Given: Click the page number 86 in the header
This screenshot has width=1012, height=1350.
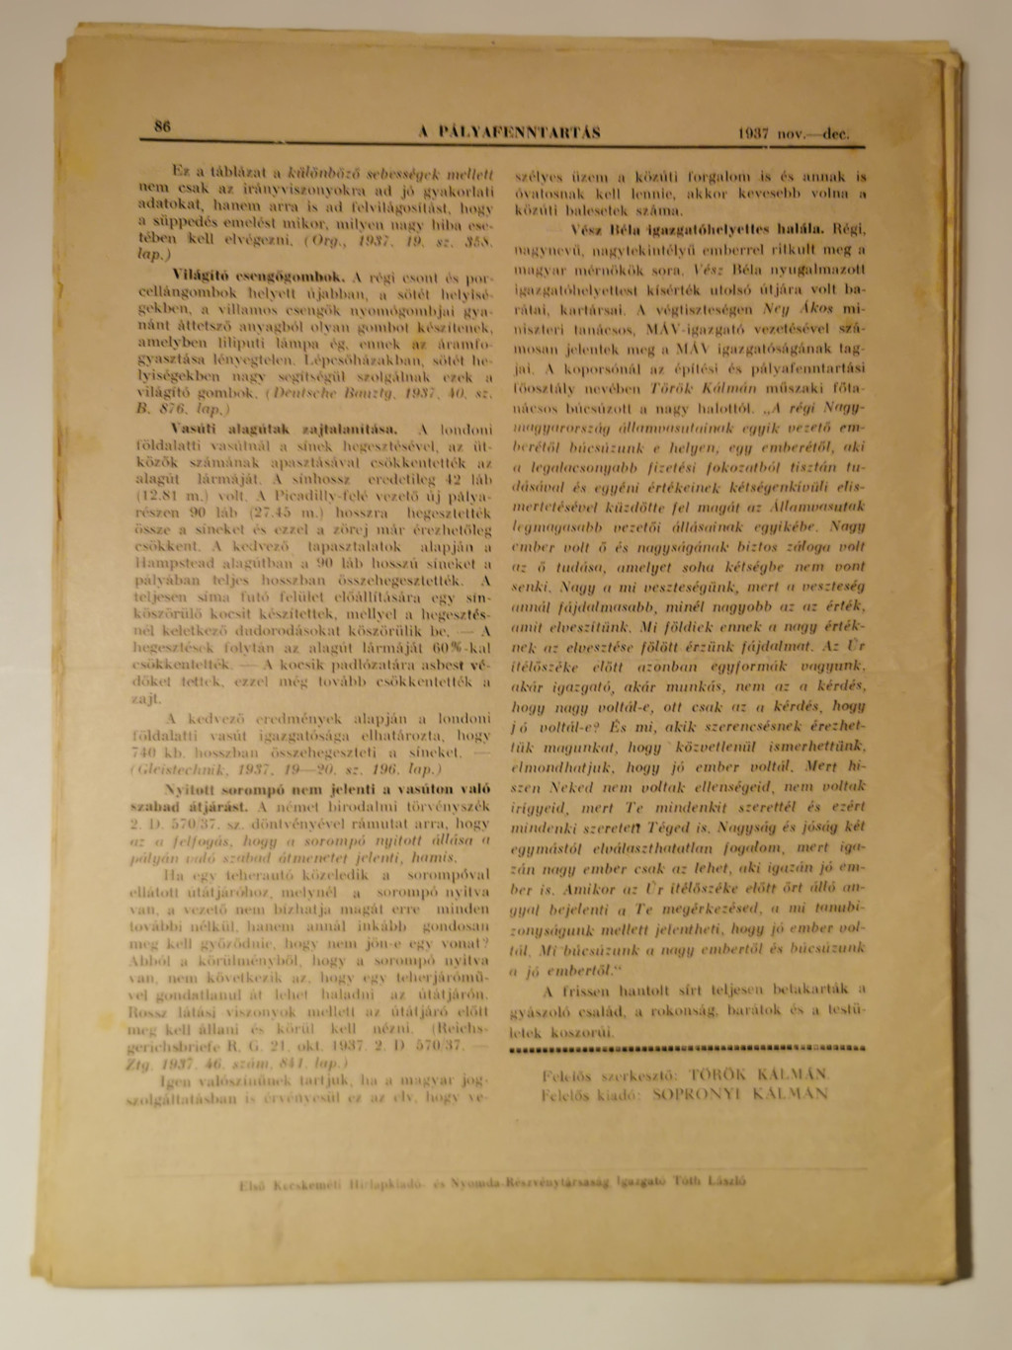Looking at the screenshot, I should [x=162, y=125].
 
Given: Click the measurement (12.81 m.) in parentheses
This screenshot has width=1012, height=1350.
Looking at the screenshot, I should [x=163, y=497].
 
